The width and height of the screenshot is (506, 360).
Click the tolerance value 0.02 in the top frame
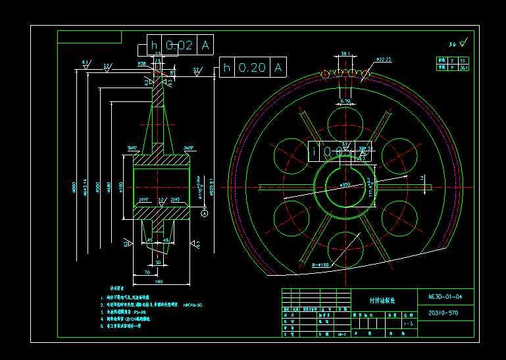pos(179,45)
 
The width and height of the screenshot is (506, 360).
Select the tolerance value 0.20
pos(252,67)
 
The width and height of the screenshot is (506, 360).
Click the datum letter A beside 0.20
pos(278,67)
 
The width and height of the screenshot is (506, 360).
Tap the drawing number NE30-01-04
pos(445,297)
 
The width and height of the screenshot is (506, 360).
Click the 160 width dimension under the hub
pos(159,281)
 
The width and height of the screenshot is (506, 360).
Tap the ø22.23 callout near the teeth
pos(384,60)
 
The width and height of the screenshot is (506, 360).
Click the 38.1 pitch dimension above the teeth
pos(345,54)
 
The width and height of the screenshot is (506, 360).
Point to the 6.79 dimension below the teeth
pos(345,101)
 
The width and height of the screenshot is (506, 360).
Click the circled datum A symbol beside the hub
pos(204,213)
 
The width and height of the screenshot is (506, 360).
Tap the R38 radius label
pos(142,64)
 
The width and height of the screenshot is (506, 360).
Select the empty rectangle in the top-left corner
pos(89,36)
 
